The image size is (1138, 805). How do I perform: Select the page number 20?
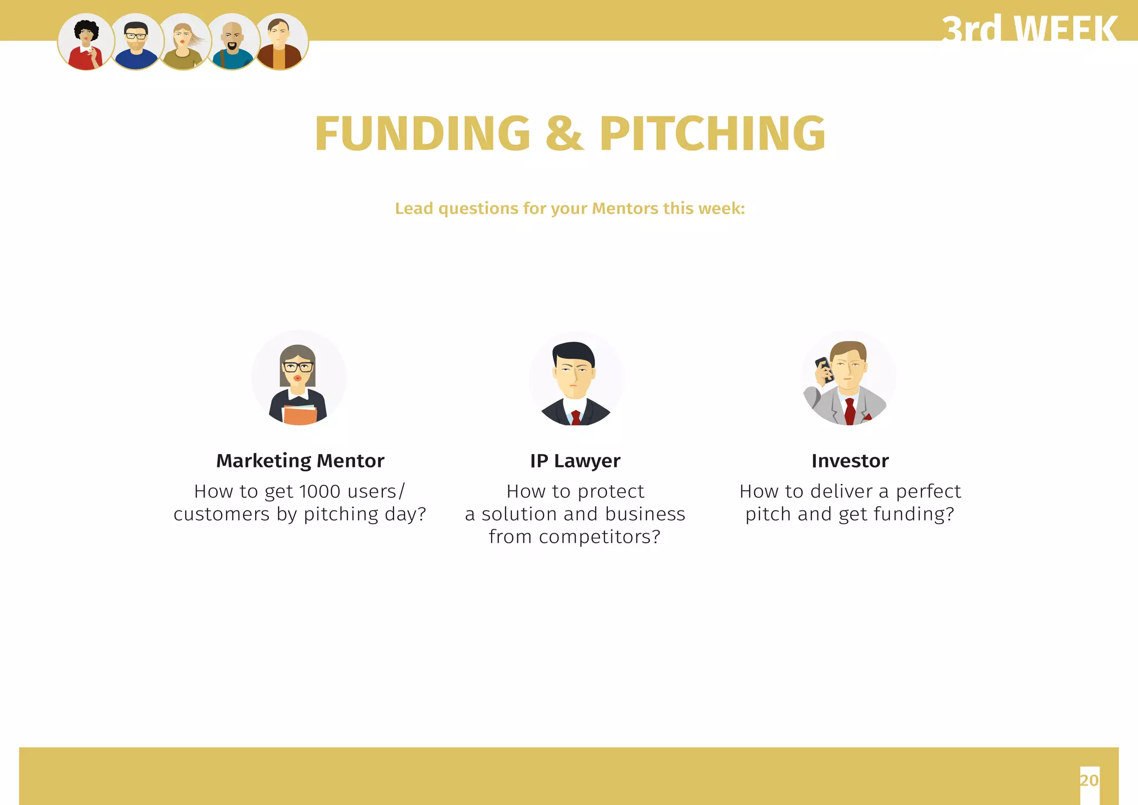click(x=1089, y=780)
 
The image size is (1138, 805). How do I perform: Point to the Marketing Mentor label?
click(x=300, y=461)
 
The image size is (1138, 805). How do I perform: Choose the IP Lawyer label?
click(x=575, y=461)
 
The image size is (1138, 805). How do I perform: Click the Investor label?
click(x=850, y=461)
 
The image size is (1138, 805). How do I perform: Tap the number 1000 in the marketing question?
click(x=320, y=491)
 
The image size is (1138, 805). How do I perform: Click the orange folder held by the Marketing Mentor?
click(x=300, y=415)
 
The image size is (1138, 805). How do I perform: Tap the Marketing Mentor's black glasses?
click(x=298, y=367)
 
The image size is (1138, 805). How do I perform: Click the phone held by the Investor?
click(x=823, y=369)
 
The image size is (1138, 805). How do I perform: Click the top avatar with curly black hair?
click(x=86, y=42)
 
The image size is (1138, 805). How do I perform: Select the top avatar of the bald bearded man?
click(x=232, y=42)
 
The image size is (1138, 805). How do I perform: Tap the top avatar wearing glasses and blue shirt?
click(x=135, y=42)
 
